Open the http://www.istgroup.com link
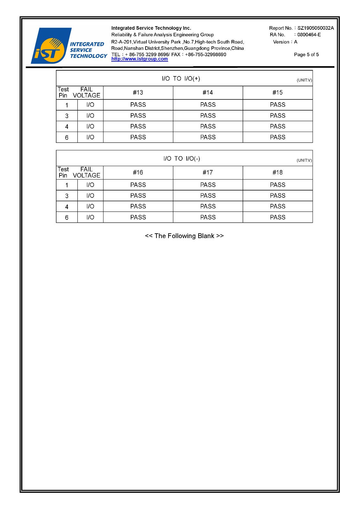click(x=139, y=59)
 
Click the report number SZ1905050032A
click(x=315, y=28)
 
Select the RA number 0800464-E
click(x=309, y=35)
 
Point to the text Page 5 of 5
click(x=306, y=55)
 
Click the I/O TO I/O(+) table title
click(x=181, y=79)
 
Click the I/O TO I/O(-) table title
click(x=182, y=159)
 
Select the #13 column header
click(x=138, y=93)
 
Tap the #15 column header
click(x=278, y=93)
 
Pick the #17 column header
click(x=208, y=173)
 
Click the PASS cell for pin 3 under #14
click(x=208, y=116)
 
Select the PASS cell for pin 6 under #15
click(x=278, y=137)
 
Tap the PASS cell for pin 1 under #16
click(x=138, y=185)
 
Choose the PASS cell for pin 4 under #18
click(x=278, y=206)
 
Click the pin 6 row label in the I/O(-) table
click(x=67, y=218)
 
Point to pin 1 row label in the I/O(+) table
click(x=67, y=105)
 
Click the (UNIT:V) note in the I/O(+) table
click(x=304, y=80)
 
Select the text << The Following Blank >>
click(x=184, y=236)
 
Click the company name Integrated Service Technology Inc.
click(x=151, y=28)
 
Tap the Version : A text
click(x=285, y=42)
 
